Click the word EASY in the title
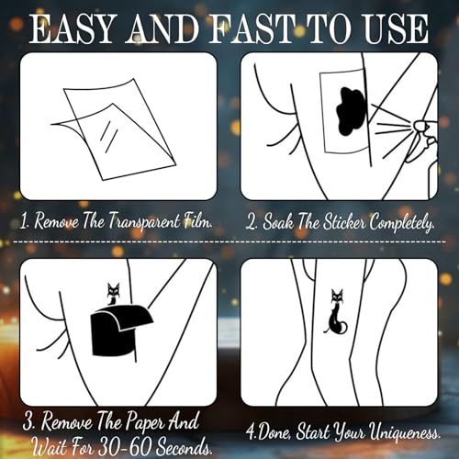coord(73,28)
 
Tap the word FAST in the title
coord(249,28)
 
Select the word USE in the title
coord(392,28)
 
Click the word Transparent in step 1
coord(144,221)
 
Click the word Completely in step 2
coord(402,222)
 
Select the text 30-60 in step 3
coord(125,448)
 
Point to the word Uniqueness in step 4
coord(405,432)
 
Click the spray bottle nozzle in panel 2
coord(421,126)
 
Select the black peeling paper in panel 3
coord(121,330)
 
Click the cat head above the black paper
coord(113,290)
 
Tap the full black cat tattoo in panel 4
coord(336,312)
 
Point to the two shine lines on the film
coord(109,136)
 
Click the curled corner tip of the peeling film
coord(51,124)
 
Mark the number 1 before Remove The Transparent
coord(24,221)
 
